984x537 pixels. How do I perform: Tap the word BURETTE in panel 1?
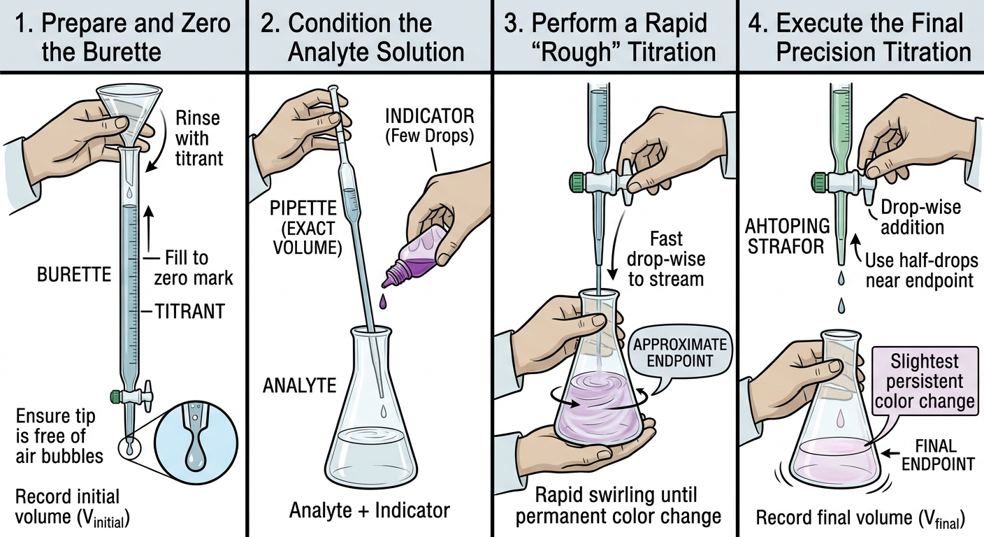[x=74, y=275]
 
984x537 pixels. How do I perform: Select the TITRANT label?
[x=190, y=312]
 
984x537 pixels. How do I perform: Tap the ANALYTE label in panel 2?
[x=300, y=386]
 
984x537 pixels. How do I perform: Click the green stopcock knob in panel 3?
[x=577, y=180]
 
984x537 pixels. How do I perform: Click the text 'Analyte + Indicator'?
[x=370, y=510]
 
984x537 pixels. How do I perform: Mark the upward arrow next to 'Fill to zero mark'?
[x=150, y=228]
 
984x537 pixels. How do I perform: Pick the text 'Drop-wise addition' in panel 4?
[x=920, y=217]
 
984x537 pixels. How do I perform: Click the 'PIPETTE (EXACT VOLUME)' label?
[x=303, y=228]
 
